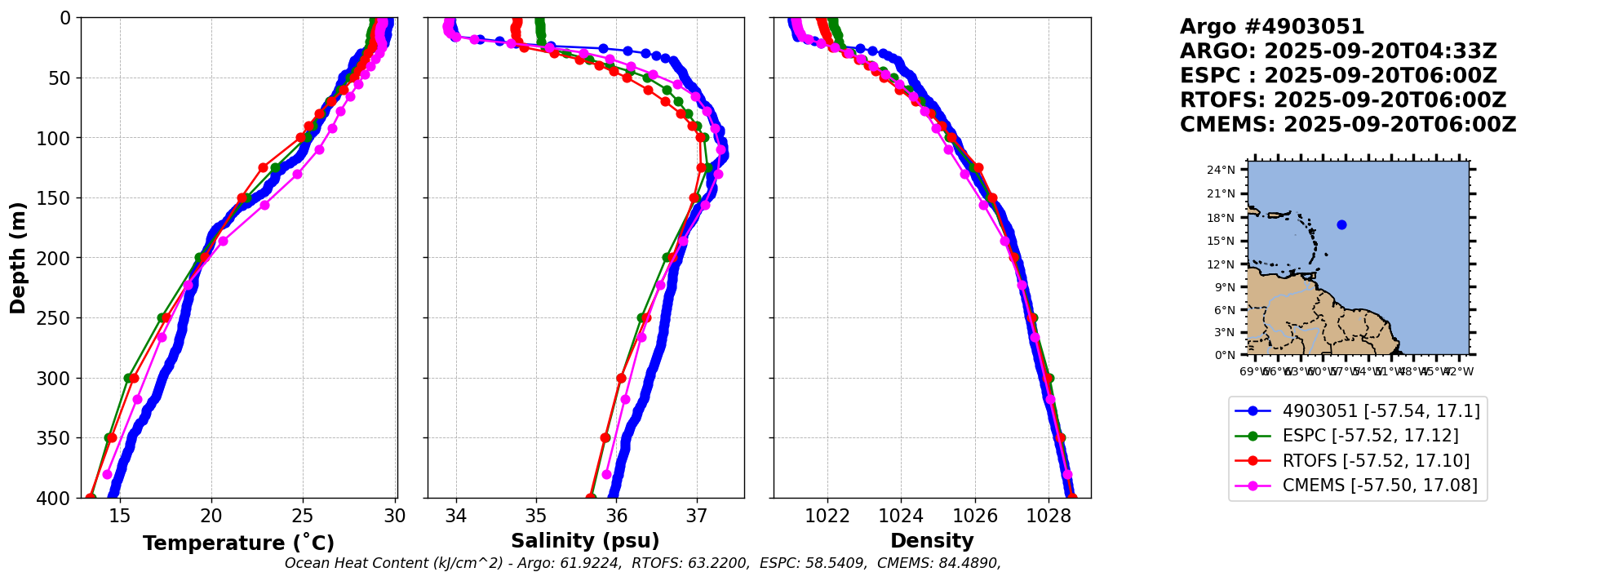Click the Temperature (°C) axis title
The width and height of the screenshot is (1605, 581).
pos(238,543)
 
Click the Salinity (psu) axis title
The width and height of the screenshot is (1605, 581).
pos(585,541)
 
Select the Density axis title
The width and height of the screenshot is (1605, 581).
pos(932,541)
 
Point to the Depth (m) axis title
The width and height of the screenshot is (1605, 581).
pos(18,257)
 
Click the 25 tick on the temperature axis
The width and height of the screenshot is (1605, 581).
pos(303,516)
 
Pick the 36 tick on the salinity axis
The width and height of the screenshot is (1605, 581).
pos(616,516)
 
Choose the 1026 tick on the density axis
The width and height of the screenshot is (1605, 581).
pos(975,516)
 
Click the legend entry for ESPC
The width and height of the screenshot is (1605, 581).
pos(1370,436)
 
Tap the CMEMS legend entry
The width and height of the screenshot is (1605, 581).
pos(1380,486)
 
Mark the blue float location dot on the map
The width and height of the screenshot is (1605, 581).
pos(1341,224)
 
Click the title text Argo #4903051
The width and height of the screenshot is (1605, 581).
pos(1272,27)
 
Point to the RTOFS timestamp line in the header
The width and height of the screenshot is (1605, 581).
pos(1342,100)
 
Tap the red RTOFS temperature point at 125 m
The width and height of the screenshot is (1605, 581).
pos(263,168)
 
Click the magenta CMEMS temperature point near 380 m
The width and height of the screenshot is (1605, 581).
pos(107,474)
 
